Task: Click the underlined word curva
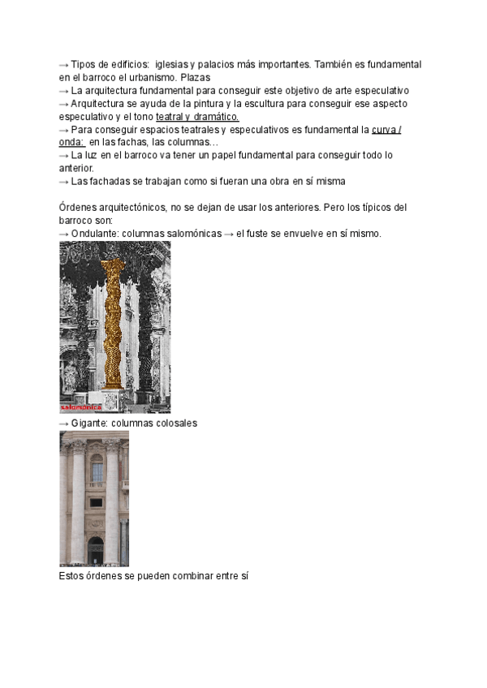(383, 130)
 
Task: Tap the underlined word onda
(71, 143)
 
